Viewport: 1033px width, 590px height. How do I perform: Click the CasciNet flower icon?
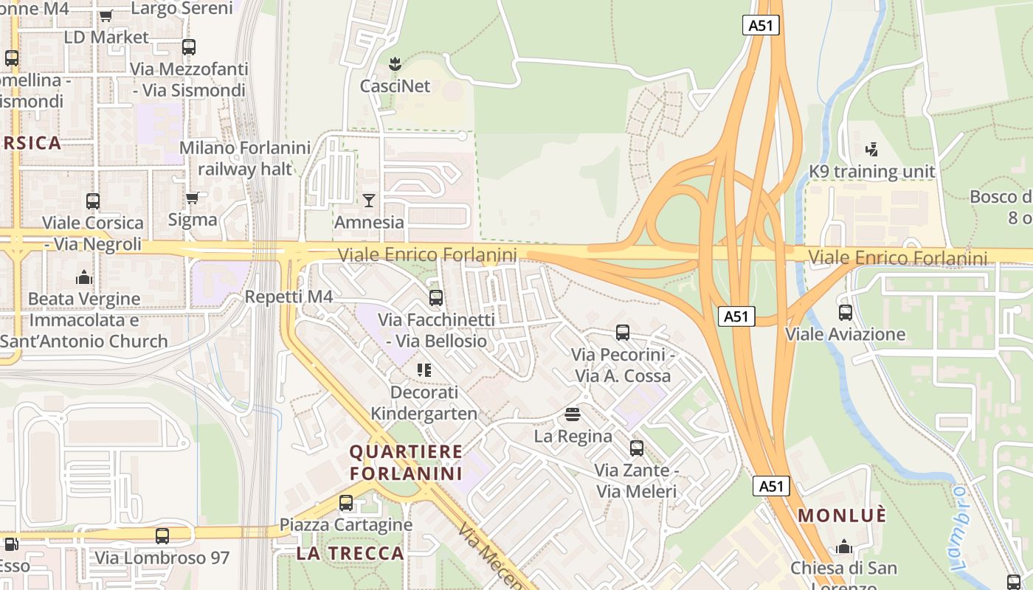tap(395, 64)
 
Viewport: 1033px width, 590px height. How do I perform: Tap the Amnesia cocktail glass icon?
tap(369, 200)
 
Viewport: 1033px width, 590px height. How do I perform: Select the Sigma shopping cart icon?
tap(193, 198)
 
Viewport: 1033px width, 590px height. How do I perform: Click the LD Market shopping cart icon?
tap(106, 15)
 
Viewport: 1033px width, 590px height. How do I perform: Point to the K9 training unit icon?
tap(872, 150)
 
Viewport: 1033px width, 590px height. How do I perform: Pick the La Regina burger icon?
tap(573, 414)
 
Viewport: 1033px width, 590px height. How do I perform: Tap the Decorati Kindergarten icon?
tap(424, 369)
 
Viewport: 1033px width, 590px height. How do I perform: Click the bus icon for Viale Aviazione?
tap(846, 312)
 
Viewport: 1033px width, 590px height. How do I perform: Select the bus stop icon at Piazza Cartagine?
tap(345, 503)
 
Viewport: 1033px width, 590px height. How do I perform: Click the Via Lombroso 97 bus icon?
tap(162, 536)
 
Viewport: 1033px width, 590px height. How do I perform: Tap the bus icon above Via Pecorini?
tap(623, 333)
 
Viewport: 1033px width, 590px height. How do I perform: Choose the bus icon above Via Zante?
tap(636, 448)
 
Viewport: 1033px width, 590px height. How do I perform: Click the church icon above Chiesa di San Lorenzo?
tap(844, 546)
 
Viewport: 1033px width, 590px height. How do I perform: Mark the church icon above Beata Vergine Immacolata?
tap(84, 277)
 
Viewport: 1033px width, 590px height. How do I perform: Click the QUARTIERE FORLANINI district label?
tap(406, 462)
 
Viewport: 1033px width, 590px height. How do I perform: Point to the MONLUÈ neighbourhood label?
tap(842, 516)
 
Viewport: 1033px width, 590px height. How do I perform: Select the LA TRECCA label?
tap(350, 553)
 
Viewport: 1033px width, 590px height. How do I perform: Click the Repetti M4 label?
tap(289, 297)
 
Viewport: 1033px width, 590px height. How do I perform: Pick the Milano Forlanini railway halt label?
tap(245, 158)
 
